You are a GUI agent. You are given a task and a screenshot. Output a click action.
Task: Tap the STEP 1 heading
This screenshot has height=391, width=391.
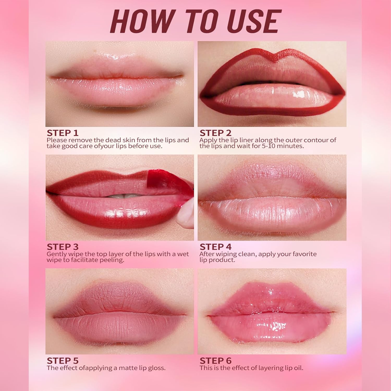63,133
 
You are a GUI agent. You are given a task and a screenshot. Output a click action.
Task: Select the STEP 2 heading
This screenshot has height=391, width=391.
215,133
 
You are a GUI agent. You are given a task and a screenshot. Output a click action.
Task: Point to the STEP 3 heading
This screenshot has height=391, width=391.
63,247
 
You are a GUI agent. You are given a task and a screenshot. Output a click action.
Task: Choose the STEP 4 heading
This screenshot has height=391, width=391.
215,247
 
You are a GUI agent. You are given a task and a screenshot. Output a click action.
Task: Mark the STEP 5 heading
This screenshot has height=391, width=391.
63,361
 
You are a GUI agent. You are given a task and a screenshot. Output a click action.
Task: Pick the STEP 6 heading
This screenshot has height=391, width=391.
215,361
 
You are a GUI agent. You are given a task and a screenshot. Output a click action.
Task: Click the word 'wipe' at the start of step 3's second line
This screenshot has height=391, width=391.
54,260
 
